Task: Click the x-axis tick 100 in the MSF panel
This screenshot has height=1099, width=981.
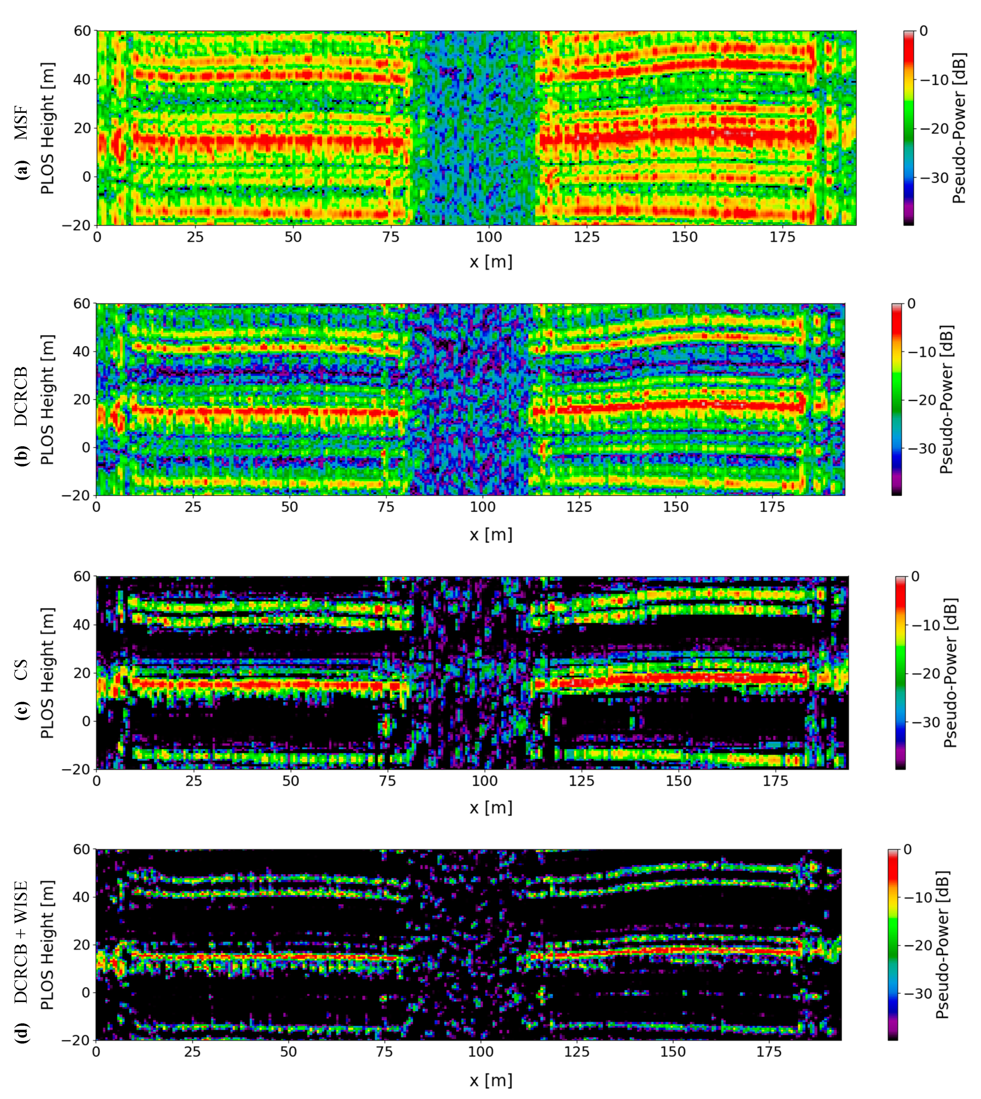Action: point(488,237)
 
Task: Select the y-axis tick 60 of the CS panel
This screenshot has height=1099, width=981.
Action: point(82,576)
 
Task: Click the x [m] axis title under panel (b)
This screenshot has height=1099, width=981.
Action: point(490,535)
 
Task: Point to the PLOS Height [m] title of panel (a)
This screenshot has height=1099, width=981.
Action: point(47,128)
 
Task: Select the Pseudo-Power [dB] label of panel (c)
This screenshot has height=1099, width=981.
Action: point(950,673)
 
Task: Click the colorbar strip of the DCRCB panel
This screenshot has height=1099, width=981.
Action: point(897,399)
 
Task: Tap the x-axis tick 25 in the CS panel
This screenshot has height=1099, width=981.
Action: point(194,781)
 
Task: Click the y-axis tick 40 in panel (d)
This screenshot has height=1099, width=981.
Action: point(82,897)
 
